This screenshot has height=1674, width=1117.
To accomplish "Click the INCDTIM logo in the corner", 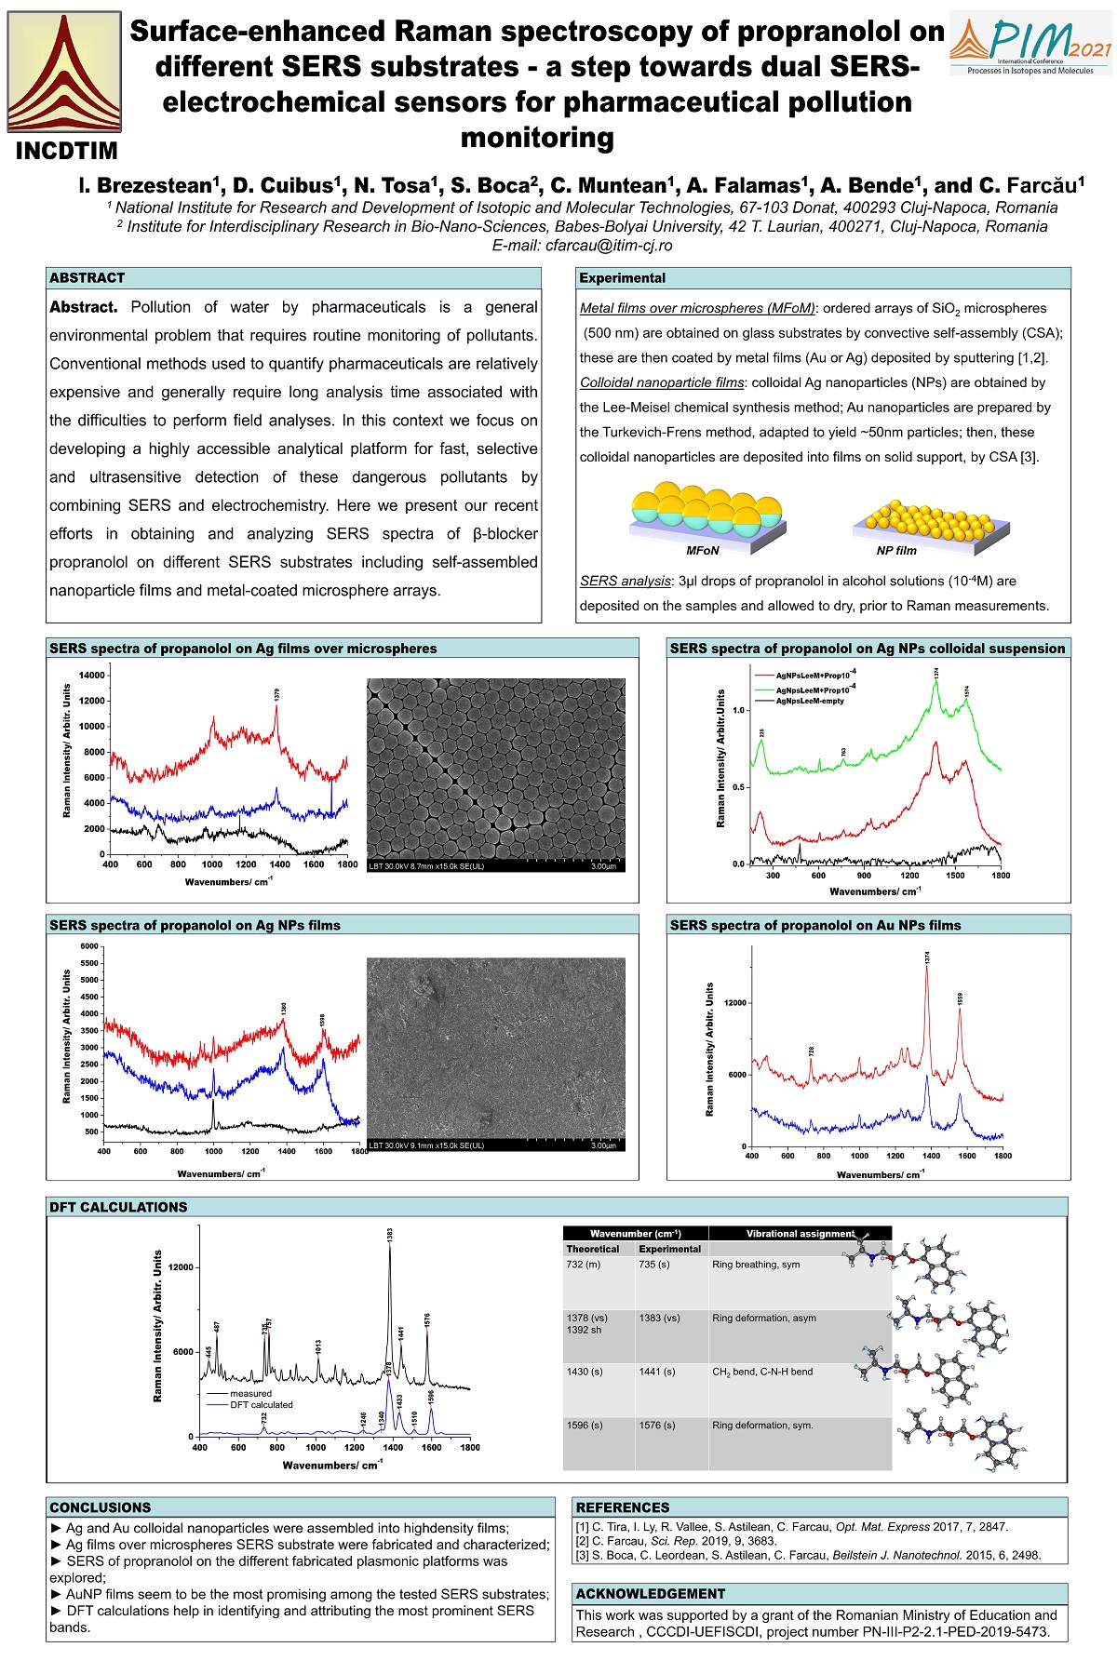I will pos(64,84).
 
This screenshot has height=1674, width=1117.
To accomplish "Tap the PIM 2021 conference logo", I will pos(1031,46).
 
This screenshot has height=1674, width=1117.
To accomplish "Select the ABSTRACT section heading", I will pos(87,278).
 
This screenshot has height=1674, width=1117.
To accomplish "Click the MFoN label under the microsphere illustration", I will pos(703,550).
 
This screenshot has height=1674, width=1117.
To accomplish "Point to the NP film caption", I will pos(896,550).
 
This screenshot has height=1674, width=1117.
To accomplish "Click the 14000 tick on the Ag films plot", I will pos(92,676).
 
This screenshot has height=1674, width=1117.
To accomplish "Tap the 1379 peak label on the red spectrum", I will pos(277,694).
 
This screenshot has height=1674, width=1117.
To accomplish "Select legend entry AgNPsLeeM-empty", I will pos(810,701).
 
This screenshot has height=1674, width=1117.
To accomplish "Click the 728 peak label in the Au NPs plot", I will pos(812,1051).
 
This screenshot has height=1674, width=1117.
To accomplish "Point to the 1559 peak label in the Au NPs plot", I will pos(960,998).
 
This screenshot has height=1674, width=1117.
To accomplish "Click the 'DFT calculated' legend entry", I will pos(261,1405).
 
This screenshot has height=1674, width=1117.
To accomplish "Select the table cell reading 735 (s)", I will pos(654,1265).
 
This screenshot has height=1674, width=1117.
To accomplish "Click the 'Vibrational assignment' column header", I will pos(800,1234).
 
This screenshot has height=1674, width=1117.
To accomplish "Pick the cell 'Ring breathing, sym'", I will pos(756,1265).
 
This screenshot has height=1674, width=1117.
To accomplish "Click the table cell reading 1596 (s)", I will pos(585,1426).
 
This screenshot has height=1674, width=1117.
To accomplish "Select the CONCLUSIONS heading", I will pos(101,1507).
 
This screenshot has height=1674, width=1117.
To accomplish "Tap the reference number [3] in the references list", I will pos(583,1555).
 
